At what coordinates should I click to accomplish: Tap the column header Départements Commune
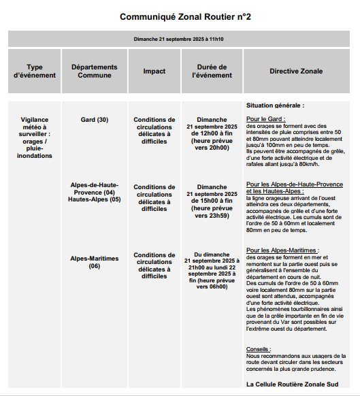pyautogui.click(x=94, y=71)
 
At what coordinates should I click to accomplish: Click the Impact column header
pyautogui.click(x=154, y=71)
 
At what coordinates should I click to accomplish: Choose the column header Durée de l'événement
pyautogui.click(x=212, y=71)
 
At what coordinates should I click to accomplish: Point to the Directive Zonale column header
pyautogui.click(x=296, y=71)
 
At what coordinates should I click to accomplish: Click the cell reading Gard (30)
pyautogui.click(x=94, y=120)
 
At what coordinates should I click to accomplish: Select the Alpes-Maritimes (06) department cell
pyautogui.click(x=94, y=263)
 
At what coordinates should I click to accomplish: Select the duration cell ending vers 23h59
pyautogui.click(x=212, y=201)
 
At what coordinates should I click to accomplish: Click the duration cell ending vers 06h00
pyautogui.click(x=212, y=269)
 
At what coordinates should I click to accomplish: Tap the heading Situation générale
pyautogui.click(x=275, y=106)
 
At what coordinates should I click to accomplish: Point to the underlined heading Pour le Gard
pyautogui.click(x=266, y=119)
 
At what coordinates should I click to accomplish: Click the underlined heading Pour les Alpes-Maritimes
pyautogui.click(x=282, y=250)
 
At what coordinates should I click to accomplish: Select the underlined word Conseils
pyautogui.click(x=259, y=349)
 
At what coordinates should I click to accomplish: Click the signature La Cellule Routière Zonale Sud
pyautogui.click(x=292, y=384)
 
